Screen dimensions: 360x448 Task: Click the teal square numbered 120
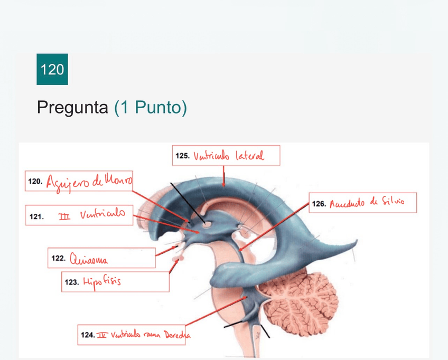click(52, 69)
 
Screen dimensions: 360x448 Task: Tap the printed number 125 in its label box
click(182, 156)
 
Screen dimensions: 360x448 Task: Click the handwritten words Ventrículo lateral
click(229, 156)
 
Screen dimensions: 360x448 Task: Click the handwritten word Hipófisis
click(101, 281)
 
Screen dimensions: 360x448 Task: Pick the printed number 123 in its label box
click(71, 282)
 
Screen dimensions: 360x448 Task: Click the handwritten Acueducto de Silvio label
click(367, 203)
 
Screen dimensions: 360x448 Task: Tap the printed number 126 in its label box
click(319, 203)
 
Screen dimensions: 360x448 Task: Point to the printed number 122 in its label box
click(58, 258)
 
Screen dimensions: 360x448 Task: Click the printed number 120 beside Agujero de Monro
click(35, 181)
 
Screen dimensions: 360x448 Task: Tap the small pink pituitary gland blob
click(181, 259)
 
